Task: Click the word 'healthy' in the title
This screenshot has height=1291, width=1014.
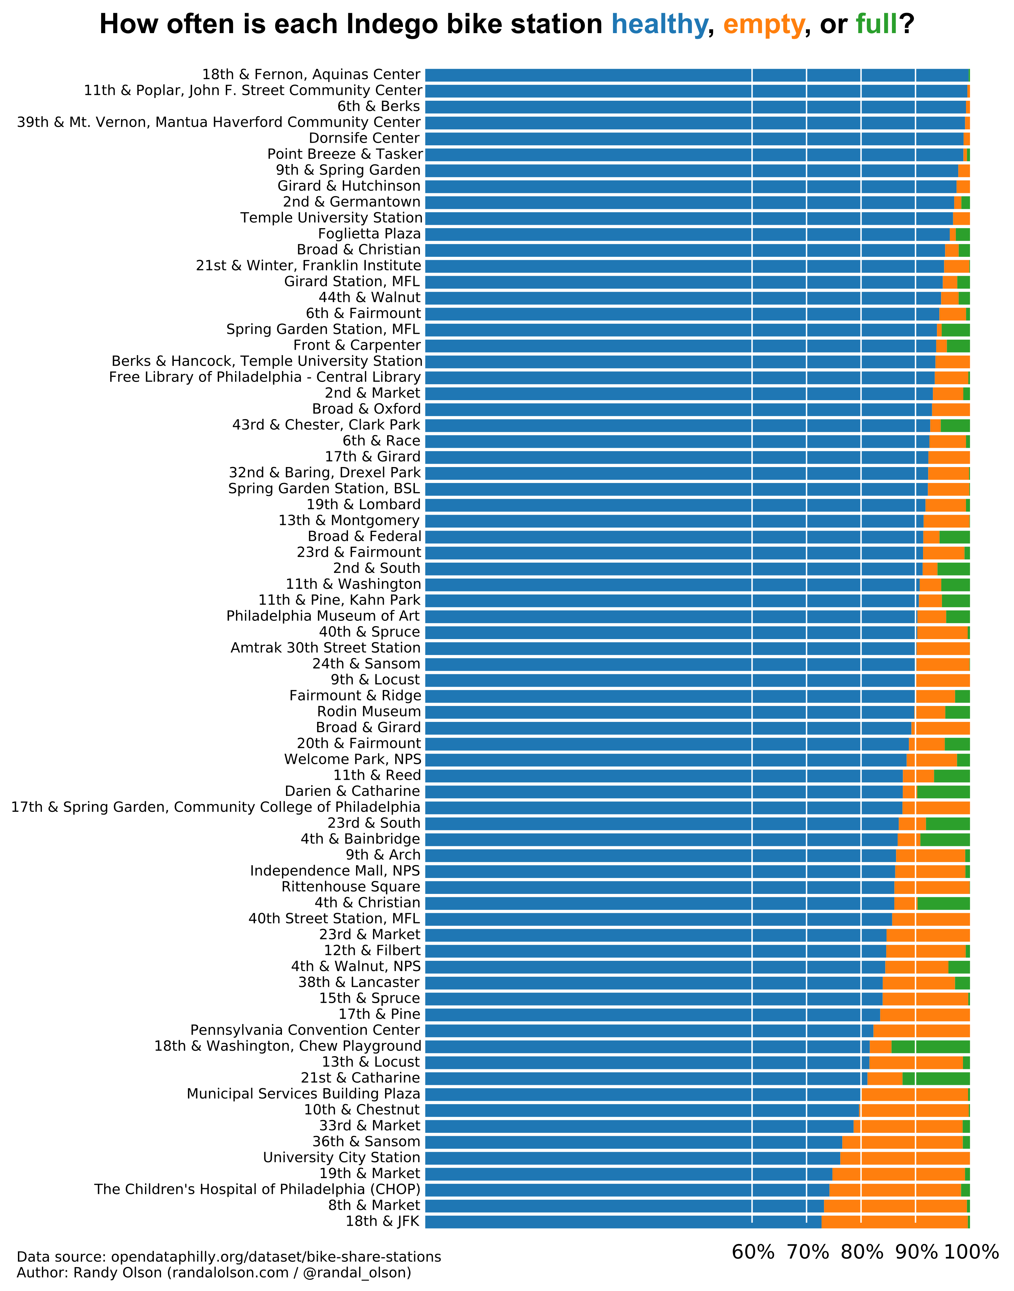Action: pos(659,25)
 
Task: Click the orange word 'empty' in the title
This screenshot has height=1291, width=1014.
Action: pos(763,25)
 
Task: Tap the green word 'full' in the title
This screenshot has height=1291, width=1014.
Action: pos(876,25)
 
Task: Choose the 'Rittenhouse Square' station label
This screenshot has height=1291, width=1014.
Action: pos(351,887)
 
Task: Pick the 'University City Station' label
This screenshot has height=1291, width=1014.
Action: pos(341,1158)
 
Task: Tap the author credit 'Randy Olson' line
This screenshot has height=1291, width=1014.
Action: pos(214,1273)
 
